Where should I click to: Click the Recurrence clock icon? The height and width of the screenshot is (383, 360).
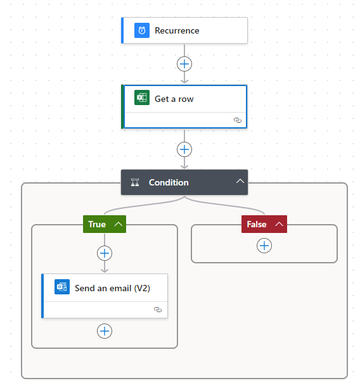point(142,30)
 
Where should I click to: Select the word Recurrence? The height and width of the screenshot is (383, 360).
point(177,31)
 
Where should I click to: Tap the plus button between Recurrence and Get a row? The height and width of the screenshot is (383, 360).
point(184,64)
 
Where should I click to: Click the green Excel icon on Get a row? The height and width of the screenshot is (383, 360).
point(142,97)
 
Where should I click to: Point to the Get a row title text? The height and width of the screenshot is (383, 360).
point(174,99)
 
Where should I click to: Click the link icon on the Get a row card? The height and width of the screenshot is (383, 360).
point(238,120)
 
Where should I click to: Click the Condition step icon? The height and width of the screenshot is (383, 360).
point(135,182)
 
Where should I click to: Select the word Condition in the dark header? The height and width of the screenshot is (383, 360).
point(169,182)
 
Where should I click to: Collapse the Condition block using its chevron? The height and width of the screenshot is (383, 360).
point(240,181)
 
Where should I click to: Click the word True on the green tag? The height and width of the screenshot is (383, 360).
point(97,224)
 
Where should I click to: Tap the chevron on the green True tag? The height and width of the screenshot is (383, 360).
point(119,224)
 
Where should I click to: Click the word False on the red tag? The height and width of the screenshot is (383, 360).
point(256,224)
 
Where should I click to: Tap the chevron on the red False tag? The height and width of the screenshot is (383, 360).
point(279,224)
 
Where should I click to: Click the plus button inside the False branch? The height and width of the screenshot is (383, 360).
point(264,246)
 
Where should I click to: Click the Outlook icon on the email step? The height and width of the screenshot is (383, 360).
point(62,287)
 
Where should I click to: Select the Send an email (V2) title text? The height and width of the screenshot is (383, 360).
point(112,288)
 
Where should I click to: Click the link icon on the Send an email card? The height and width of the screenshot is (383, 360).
point(158,310)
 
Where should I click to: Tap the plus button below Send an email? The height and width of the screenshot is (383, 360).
point(105,331)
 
